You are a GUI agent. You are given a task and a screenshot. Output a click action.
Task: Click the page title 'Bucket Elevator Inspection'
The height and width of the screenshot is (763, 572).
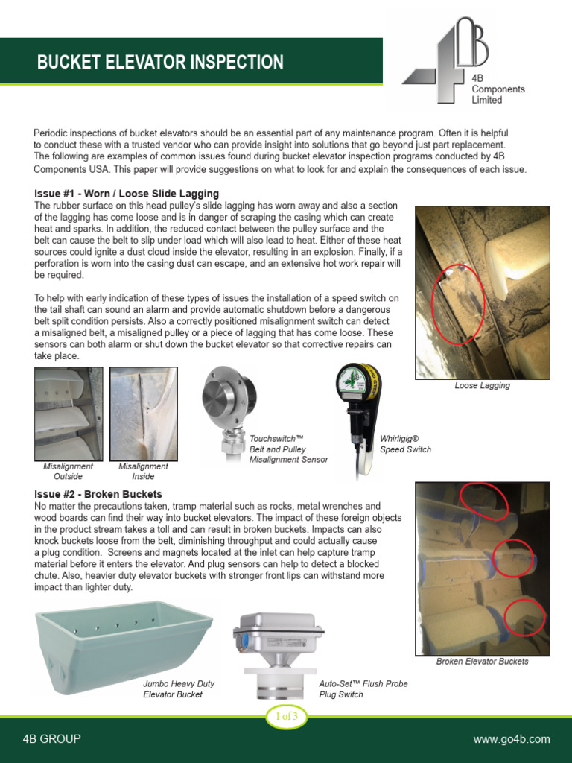coord(160,62)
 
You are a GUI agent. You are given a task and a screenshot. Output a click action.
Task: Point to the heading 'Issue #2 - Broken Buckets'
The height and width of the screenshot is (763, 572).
coord(98,495)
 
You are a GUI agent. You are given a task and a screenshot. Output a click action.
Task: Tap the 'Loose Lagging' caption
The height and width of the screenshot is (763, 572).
coord(482,386)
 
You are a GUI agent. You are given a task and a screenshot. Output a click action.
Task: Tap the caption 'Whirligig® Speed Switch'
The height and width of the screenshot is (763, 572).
coord(406,445)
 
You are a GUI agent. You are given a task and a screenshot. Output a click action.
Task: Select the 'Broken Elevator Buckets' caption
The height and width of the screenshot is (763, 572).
coord(482,662)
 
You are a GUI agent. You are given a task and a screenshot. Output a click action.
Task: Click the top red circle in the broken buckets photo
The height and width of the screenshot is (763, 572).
coord(484,501)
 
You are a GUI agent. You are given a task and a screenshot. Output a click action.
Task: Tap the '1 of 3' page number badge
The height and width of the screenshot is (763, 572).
coord(287,717)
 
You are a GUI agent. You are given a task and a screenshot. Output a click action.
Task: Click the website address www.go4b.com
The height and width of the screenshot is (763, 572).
coord(511,739)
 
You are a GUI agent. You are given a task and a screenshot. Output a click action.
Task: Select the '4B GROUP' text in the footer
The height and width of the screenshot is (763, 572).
coord(51,739)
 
